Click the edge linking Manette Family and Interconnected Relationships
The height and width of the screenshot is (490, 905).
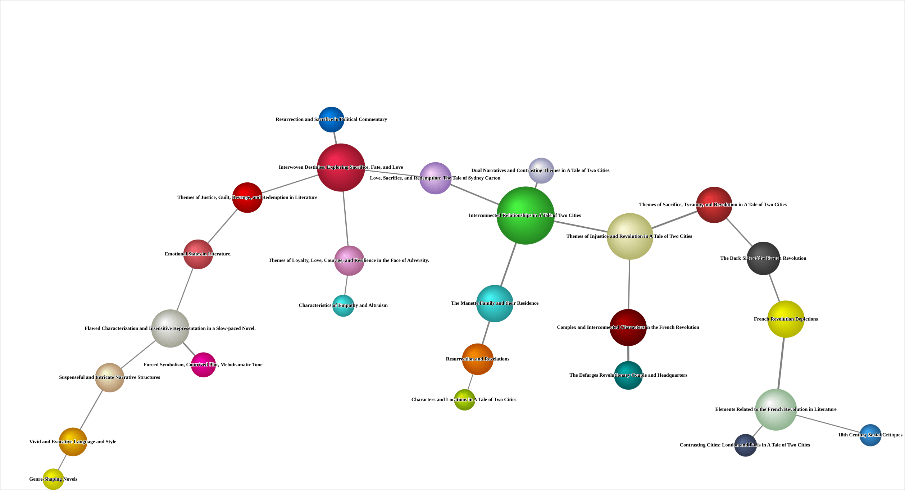point(509,264)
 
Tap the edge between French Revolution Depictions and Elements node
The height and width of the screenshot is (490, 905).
point(781,363)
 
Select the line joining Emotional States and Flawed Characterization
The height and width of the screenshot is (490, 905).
point(185,290)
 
